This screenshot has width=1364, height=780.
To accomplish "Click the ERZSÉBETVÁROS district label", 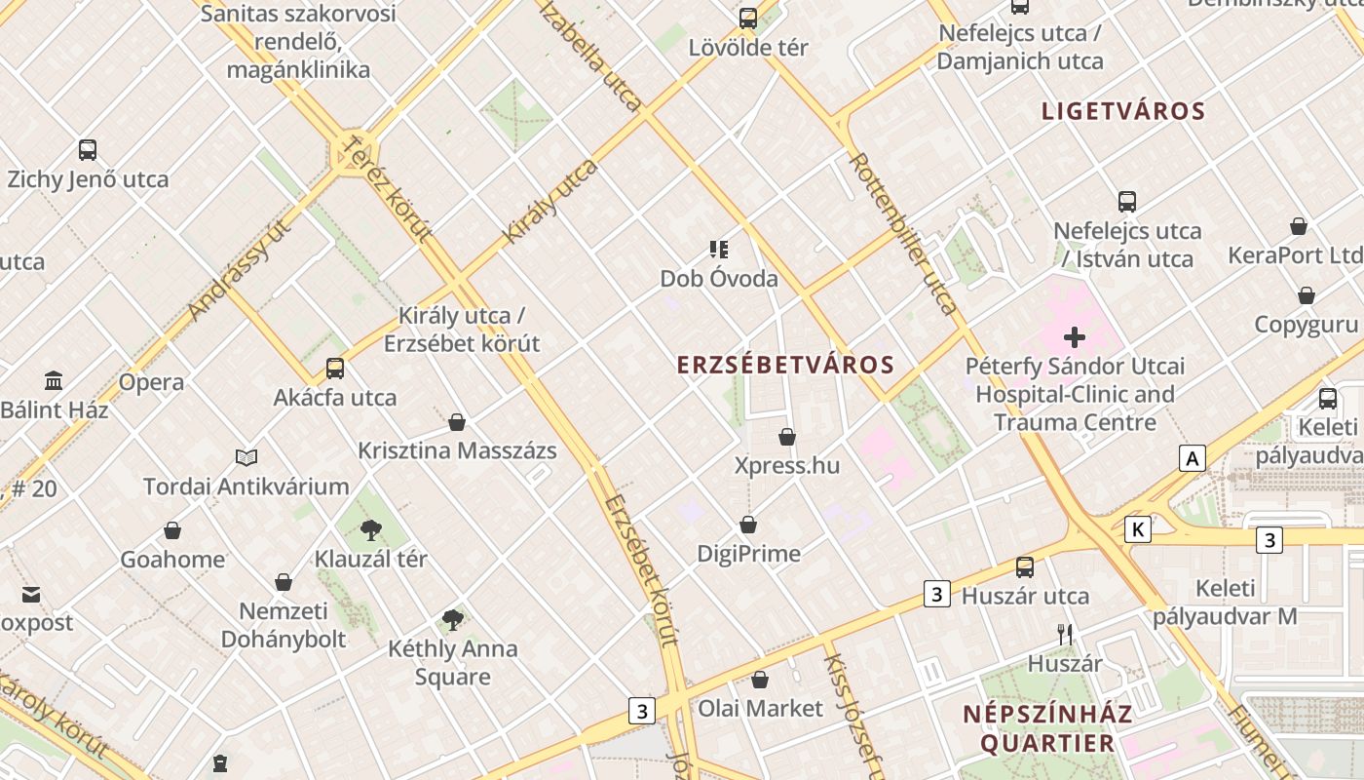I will pyautogui.click(x=785, y=366).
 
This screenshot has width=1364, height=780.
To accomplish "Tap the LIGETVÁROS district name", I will pyautogui.click(x=1123, y=111).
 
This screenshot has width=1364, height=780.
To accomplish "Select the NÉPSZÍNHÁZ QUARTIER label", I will pyautogui.click(x=1047, y=728).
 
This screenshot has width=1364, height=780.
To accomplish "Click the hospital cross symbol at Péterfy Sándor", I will pyautogui.click(x=1075, y=338).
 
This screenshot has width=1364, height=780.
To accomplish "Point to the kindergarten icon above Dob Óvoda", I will pyautogui.click(x=719, y=250).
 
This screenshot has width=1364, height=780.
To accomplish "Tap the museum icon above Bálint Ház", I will pyautogui.click(x=54, y=381).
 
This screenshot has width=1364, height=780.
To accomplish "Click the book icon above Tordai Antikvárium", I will pyautogui.click(x=246, y=457).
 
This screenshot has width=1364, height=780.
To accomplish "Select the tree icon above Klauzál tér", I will pyautogui.click(x=370, y=530).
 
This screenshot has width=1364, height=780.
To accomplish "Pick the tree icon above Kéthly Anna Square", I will pyautogui.click(x=452, y=619).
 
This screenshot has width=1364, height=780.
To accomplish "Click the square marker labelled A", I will pyautogui.click(x=1192, y=458).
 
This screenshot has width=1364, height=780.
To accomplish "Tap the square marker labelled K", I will pyautogui.click(x=1137, y=529).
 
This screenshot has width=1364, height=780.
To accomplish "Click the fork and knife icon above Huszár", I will pyautogui.click(x=1065, y=635).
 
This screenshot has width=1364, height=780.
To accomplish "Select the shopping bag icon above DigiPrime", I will pyautogui.click(x=748, y=525).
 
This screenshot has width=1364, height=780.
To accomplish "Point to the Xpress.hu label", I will pyautogui.click(x=786, y=465).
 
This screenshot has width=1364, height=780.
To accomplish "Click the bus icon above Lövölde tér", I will pyautogui.click(x=748, y=19).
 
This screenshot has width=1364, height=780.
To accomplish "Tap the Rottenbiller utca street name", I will pyautogui.click(x=903, y=234).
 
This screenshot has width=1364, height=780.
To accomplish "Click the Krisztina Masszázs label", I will pyautogui.click(x=457, y=450).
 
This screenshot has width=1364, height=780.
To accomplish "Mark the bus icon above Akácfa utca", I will pyautogui.click(x=335, y=369).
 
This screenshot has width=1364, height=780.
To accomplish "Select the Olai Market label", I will pyautogui.click(x=760, y=708).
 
